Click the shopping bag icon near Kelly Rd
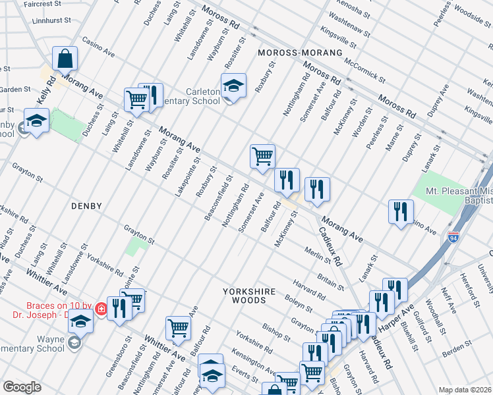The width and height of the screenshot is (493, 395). click(x=66, y=59)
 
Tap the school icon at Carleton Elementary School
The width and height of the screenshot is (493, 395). click(x=233, y=86)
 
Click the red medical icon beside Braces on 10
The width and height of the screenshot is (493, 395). click(x=101, y=308)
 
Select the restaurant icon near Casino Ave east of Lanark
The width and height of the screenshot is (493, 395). click(x=400, y=211)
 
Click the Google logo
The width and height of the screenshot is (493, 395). click(x=22, y=386)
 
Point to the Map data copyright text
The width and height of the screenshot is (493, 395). click(x=465, y=389)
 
